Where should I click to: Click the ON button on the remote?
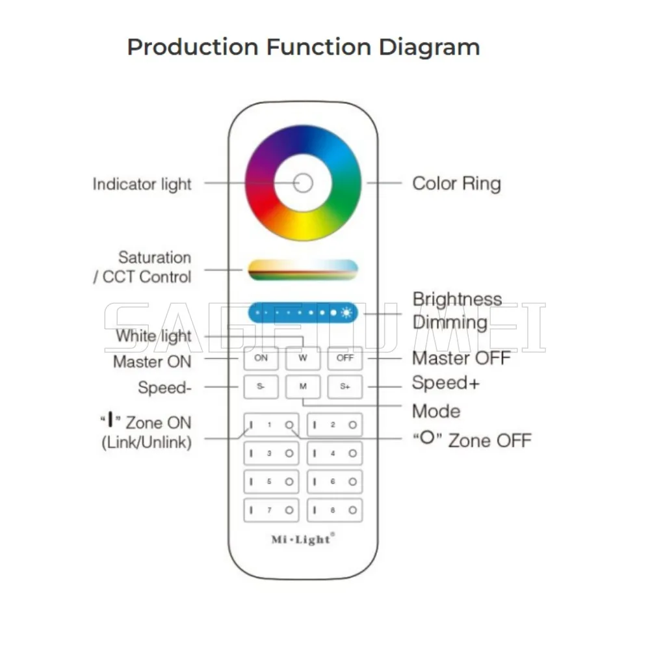(261, 358)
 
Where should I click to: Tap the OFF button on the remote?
(344, 358)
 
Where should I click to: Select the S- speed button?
(261, 386)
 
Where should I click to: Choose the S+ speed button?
(344, 386)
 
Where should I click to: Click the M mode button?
(303, 386)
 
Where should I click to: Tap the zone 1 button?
(270, 425)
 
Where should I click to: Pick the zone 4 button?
(334, 453)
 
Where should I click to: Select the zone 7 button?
(270, 509)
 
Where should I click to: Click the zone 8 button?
(334, 509)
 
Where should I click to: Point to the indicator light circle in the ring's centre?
(303, 183)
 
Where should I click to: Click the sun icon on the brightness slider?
(346, 313)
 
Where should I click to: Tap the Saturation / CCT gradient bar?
(303, 270)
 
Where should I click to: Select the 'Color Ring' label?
(456, 183)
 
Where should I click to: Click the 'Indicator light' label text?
(142, 184)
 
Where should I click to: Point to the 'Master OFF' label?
(461, 358)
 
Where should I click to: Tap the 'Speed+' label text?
(445, 383)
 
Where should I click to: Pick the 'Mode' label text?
(436, 411)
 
